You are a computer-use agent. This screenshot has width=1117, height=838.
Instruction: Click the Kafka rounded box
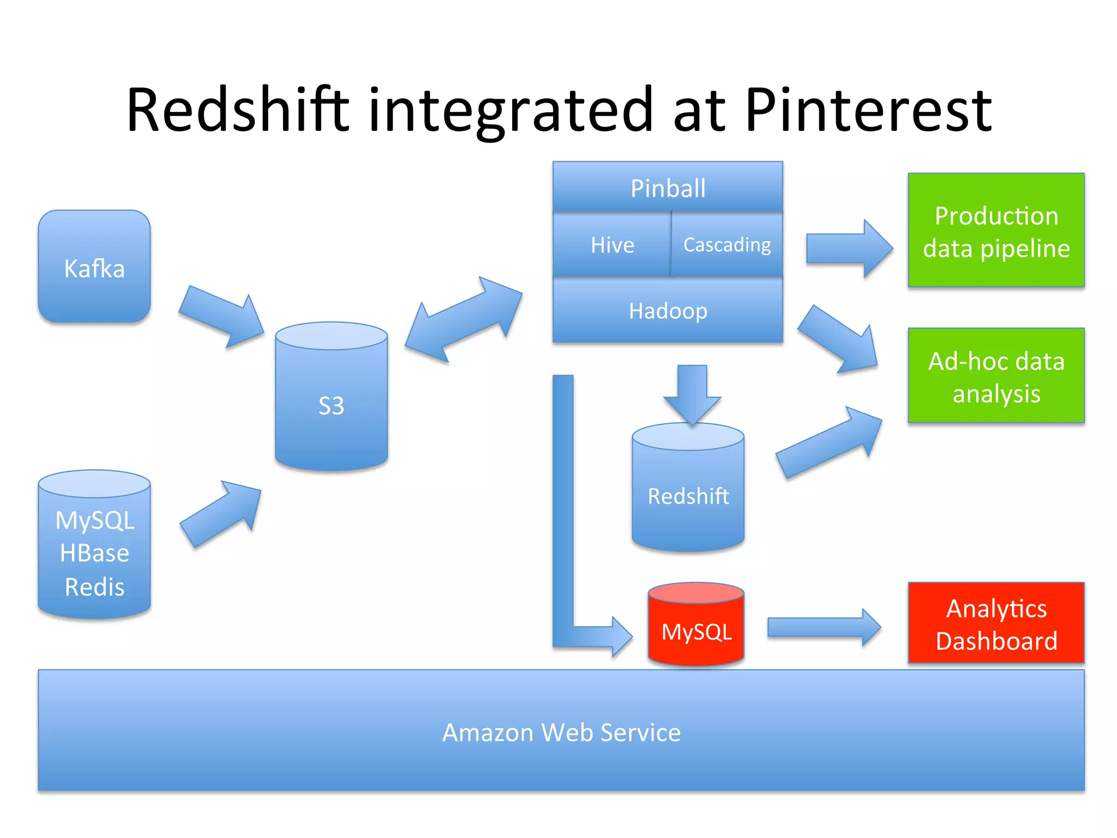tap(94, 267)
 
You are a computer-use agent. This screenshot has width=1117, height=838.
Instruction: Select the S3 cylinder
tap(331, 404)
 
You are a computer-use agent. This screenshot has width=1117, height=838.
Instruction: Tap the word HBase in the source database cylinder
tap(94, 553)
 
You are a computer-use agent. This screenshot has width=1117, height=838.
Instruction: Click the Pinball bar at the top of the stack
tap(668, 188)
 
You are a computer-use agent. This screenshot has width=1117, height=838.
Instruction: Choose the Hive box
tap(612, 245)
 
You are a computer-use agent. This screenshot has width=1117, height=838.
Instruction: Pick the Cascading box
tap(727, 245)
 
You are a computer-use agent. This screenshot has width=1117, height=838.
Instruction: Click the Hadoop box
tap(668, 311)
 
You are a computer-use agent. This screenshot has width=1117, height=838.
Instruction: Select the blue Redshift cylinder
tap(688, 494)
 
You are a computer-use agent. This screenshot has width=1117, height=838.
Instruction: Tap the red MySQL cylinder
tap(696, 631)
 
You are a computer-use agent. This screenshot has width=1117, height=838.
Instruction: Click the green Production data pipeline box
tap(996, 231)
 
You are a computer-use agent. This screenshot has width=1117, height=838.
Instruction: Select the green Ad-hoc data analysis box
tap(996, 376)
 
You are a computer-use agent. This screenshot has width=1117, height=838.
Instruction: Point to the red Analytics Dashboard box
tap(996, 624)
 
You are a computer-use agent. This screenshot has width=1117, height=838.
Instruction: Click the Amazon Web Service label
tap(561, 732)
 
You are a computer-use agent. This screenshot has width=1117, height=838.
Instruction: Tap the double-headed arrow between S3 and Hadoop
tap(464, 320)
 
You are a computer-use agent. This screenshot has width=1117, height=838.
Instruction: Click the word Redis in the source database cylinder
tap(94, 587)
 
